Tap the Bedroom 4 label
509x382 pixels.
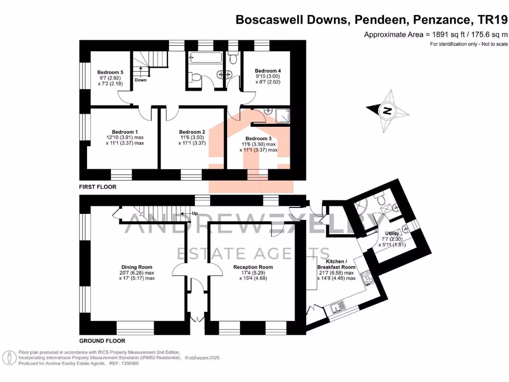(268, 71)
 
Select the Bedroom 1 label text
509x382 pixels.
(125, 132)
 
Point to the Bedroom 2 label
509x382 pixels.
(192, 132)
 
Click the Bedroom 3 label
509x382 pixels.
(258, 138)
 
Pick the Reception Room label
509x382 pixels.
(253, 267)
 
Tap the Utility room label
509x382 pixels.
(392, 233)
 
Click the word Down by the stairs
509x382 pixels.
(141, 80)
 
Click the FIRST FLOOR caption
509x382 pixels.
(98, 187)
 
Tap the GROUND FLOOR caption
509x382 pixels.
(102, 341)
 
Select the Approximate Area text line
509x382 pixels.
(436, 34)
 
